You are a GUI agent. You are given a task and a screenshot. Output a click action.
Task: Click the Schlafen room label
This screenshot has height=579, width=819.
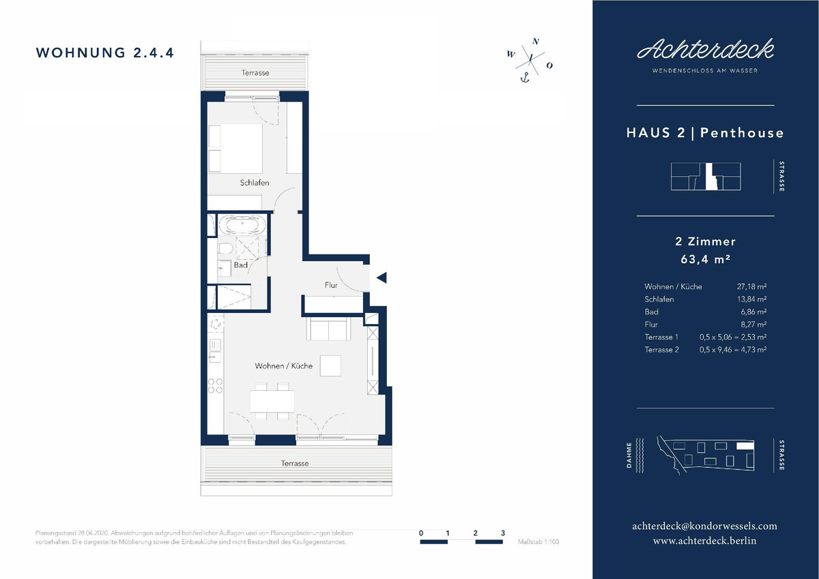pos(255,183)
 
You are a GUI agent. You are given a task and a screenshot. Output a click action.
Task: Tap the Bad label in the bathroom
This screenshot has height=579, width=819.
pos(240,265)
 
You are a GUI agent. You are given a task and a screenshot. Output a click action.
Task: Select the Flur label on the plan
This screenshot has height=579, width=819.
pos(331,285)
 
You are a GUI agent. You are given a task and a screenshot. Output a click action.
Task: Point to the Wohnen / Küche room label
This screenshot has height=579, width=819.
pos(284,366)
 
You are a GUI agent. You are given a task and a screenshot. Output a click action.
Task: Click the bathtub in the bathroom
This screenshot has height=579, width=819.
pos(243,224)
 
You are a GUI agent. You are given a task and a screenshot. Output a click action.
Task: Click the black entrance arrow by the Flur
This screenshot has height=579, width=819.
pos(382,278)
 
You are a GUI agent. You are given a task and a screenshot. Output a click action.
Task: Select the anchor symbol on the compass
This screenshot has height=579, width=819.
pos(525,78)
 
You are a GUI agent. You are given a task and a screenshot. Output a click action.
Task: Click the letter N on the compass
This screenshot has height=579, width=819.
pos(536,42)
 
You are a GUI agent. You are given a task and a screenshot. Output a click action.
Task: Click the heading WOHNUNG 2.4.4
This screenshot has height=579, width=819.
pos(104,53)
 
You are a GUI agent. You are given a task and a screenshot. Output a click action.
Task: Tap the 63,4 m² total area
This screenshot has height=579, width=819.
pos(705,259)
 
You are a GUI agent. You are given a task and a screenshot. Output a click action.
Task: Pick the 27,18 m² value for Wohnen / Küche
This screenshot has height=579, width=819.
pos(751,286)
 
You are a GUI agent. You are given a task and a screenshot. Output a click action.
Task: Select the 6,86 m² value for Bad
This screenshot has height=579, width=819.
pos(753,312)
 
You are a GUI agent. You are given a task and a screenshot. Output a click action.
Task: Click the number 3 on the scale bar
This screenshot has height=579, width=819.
pos(503,533)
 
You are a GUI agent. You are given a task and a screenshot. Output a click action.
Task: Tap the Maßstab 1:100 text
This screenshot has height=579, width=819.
pos(538,541)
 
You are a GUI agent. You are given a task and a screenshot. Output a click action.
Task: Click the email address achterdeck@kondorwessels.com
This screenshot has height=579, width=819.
pos(704,526)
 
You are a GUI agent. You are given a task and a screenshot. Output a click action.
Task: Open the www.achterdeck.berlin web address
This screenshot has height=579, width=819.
pos(704,541)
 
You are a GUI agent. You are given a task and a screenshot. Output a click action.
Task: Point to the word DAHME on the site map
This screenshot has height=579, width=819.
pos(629,455)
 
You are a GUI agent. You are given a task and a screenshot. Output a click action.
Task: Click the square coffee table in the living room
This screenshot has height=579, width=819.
pos(330,366)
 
